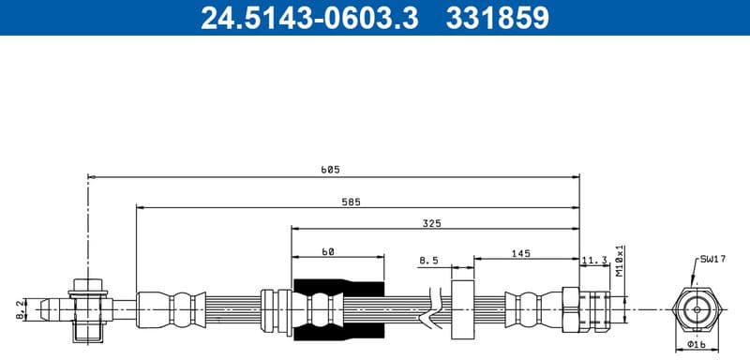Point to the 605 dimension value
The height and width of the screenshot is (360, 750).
330,170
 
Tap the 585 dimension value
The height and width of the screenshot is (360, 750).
351,201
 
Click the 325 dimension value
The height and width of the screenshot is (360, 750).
431,224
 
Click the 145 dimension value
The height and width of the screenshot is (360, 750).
522,251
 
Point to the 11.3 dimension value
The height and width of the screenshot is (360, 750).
594,260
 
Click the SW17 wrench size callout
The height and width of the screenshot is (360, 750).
713,259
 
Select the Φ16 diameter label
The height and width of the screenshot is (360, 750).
696,343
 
